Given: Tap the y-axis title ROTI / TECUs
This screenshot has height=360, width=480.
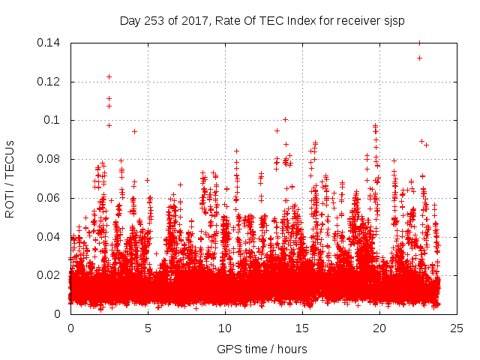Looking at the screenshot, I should point(10,178).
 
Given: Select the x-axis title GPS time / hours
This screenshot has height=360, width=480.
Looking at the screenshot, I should point(262,349).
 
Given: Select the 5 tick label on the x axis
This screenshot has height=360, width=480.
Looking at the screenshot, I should point(148,328).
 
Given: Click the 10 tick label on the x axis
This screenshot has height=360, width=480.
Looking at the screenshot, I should point(225,328).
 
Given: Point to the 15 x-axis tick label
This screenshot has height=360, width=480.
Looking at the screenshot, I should point(302,328).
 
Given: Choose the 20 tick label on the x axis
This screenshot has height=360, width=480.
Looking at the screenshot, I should point(379,328).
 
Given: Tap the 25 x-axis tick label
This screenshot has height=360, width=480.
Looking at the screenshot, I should point(457,328).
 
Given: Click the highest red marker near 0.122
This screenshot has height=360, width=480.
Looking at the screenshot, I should point(109,76).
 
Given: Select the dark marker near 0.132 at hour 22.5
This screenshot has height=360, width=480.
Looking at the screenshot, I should point(419,58).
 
